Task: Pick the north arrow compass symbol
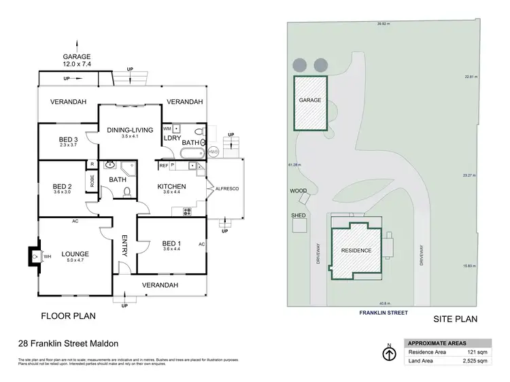pos(388,353)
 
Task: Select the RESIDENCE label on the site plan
pos(356,251)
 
